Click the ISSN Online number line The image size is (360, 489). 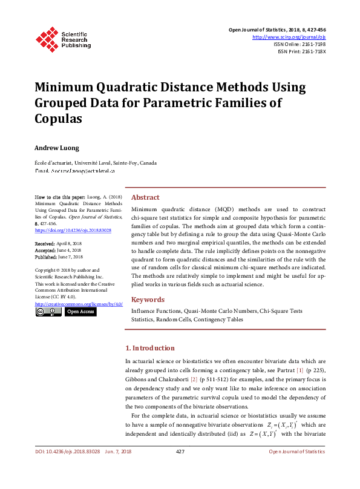pos(299,44)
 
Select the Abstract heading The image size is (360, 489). pos(145,197)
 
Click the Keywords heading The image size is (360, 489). pos(148,300)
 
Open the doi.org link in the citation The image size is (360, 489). pos(73,231)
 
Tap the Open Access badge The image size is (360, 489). pos(80,312)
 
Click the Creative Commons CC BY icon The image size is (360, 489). pos(48,312)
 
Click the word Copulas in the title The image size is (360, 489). pos(58,118)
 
